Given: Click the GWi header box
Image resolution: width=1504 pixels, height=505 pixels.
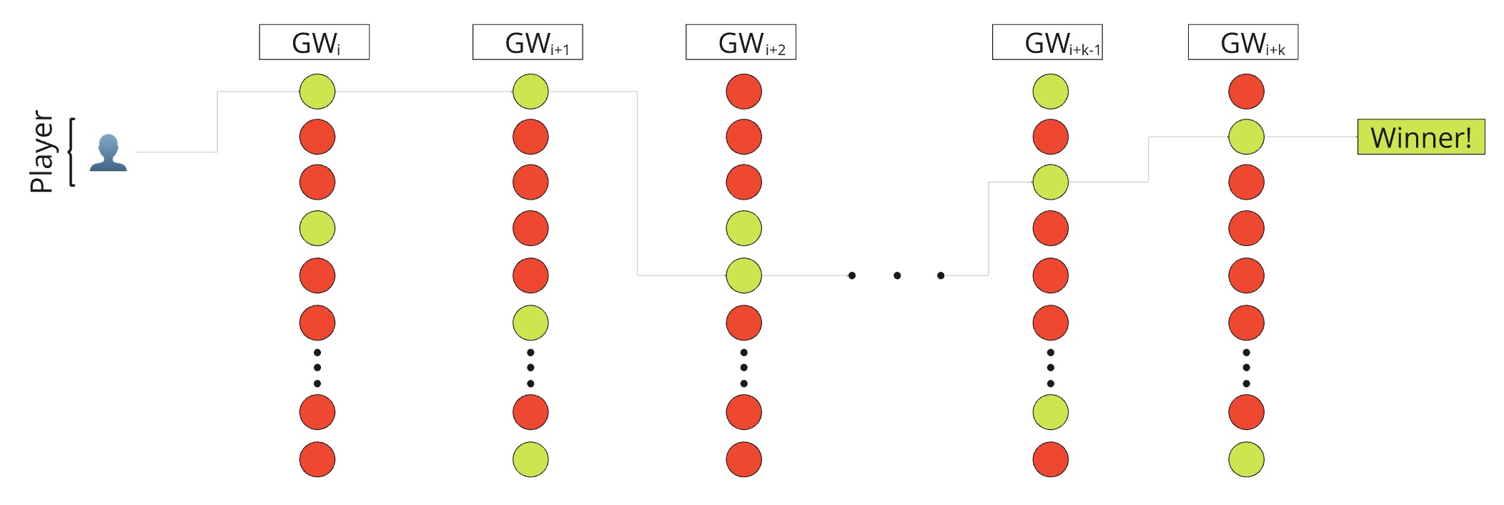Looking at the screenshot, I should pyautogui.click(x=314, y=42).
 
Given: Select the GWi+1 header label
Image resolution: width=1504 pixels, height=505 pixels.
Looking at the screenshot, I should pyautogui.click(x=528, y=42).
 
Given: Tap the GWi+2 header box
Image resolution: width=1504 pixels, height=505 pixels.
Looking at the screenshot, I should pyautogui.click(x=741, y=42).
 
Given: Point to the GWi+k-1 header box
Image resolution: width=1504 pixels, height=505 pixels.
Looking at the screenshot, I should pyautogui.click(x=1047, y=42).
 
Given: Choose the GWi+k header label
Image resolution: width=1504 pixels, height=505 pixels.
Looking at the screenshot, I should pyautogui.click(x=1243, y=42).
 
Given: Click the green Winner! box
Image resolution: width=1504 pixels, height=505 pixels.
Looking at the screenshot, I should pyautogui.click(x=1421, y=137).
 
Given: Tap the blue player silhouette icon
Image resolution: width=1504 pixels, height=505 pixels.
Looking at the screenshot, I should pyautogui.click(x=108, y=153).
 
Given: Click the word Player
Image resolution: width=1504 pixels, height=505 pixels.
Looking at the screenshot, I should pyautogui.click(x=41, y=152).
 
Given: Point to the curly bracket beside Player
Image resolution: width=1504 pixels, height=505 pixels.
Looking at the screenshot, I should pyautogui.click(x=71, y=152).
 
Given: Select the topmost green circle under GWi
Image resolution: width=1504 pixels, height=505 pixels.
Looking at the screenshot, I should pyautogui.click(x=317, y=92).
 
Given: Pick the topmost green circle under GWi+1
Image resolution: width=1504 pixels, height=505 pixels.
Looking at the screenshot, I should pyautogui.click(x=530, y=92).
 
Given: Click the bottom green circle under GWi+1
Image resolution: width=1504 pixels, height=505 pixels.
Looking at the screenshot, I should pyautogui.click(x=530, y=459).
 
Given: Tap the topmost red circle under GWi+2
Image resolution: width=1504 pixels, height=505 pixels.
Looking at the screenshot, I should pyautogui.click(x=744, y=92).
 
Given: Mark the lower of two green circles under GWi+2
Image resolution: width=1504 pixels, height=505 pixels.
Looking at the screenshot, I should pyautogui.click(x=744, y=275).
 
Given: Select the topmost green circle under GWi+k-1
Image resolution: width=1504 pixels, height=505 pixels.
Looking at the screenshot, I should pyautogui.click(x=1051, y=92).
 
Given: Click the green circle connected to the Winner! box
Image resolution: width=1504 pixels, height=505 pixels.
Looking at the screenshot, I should pyautogui.click(x=1247, y=137).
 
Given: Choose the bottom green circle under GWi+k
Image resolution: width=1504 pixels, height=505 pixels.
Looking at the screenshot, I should pyautogui.click(x=1247, y=459).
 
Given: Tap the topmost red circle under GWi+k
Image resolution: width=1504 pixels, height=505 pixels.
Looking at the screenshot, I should pyautogui.click(x=1247, y=92).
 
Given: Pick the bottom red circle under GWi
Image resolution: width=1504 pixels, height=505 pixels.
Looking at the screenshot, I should pyautogui.click(x=317, y=459).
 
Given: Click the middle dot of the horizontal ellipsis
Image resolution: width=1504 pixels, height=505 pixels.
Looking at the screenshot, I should pyautogui.click(x=897, y=275).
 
